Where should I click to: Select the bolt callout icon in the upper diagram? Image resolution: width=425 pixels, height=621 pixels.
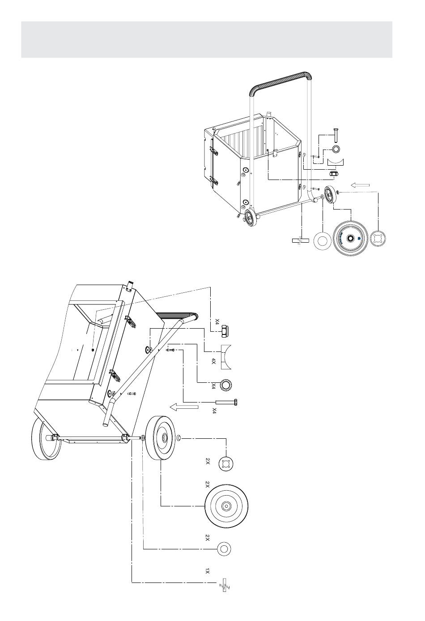(x=336, y=133)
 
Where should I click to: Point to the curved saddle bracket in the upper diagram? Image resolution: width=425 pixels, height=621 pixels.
(x=335, y=161)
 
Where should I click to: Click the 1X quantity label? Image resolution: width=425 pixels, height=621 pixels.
(x=207, y=571)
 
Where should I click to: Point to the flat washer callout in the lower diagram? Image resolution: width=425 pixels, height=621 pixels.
(x=225, y=549)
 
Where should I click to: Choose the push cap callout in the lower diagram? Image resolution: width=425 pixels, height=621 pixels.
(x=226, y=463)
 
